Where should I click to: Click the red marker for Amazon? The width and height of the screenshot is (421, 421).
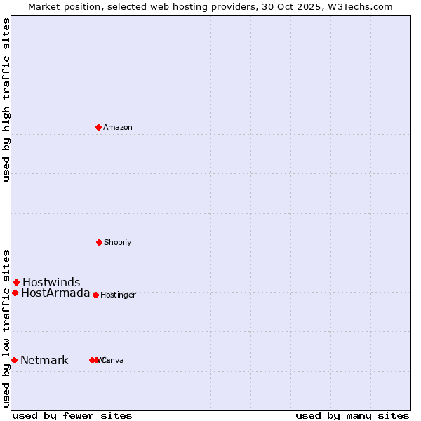click(99, 127)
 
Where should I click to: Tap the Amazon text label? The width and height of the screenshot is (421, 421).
click(118, 128)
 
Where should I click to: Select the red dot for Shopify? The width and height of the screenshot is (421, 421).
click(99, 242)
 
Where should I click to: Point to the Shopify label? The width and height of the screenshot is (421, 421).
click(118, 243)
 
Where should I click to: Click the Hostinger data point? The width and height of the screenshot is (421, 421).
click(95, 295)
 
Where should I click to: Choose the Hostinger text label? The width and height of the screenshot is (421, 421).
click(118, 295)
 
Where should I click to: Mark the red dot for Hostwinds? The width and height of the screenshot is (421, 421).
click(16, 282)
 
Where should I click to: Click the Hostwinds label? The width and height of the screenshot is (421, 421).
click(51, 283)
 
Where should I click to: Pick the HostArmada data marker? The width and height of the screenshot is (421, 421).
click(15, 293)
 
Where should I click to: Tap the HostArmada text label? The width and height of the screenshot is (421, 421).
click(55, 293)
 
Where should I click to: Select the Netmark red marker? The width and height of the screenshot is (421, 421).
click(14, 360)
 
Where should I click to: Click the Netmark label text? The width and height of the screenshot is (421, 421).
click(44, 361)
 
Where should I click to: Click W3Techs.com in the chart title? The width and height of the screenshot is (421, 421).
click(362, 6)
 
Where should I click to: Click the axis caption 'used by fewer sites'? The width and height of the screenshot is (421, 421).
click(72, 415)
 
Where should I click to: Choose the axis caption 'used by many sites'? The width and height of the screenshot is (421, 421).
click(352, 415)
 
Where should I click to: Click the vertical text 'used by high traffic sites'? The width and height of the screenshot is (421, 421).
click(6, 100)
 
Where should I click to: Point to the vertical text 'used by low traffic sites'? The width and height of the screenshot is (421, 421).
click(6, 328)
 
